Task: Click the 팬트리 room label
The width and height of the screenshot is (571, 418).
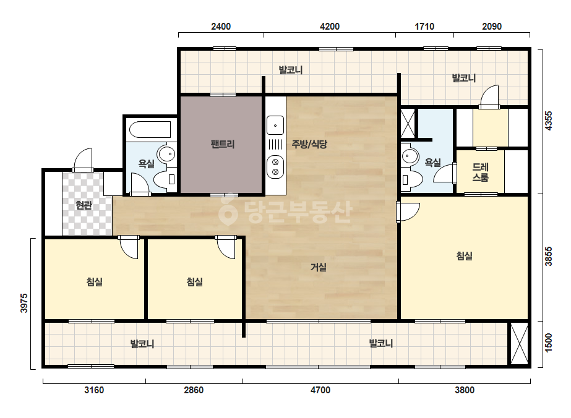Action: point(223,144)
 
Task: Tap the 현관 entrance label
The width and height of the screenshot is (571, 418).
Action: point(84,205)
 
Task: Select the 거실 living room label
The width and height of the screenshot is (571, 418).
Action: point(318,267)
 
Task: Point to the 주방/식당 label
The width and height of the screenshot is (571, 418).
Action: point(309,144)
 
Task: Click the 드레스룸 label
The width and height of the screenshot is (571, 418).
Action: point(480,173)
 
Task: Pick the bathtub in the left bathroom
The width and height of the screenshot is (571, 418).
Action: point(150,129)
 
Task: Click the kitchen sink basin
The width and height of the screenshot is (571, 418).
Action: point(275,126)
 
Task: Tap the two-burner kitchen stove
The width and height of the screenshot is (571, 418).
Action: point(275,167)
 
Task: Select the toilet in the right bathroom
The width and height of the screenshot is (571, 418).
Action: point(411,179)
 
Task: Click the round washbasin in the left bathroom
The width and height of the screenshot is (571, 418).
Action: point(167,155)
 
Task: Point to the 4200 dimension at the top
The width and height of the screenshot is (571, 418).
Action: point(330,27)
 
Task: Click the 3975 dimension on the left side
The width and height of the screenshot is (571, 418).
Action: point(24,304)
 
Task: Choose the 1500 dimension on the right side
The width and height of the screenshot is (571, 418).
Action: point(549,343)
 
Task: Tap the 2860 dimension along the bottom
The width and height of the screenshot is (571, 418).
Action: point(194,390)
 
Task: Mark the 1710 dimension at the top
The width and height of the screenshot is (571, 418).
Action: point(424,27)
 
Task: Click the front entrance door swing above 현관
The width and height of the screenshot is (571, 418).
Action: point(84,160)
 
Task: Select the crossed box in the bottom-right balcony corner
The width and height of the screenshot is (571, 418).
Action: point(519,343)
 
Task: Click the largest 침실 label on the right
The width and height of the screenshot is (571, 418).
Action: point(465,256)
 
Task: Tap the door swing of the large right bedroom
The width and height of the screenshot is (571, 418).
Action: point(408,212)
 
